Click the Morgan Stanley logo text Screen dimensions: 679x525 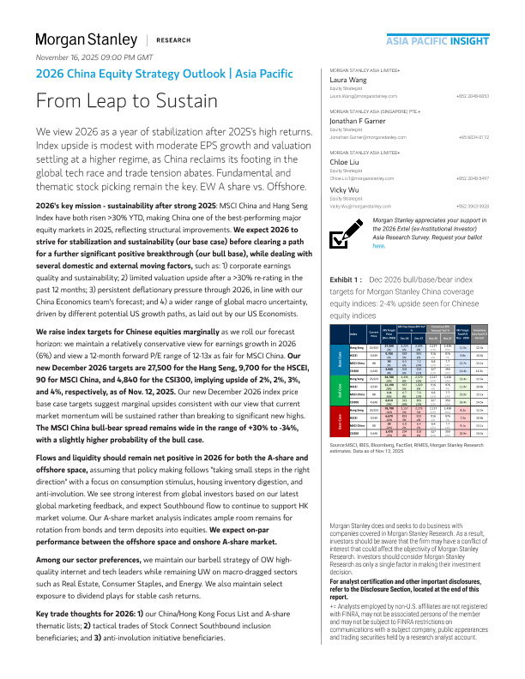pos(85,39)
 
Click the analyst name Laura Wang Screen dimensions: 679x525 pos(350,79)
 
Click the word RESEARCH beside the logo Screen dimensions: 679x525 pos(174,40)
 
